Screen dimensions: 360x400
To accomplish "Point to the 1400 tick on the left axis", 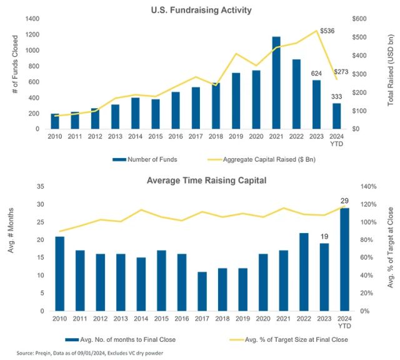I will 31,19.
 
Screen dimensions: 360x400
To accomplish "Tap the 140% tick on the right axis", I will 365,187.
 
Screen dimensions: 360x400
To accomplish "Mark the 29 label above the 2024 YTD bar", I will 344,200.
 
